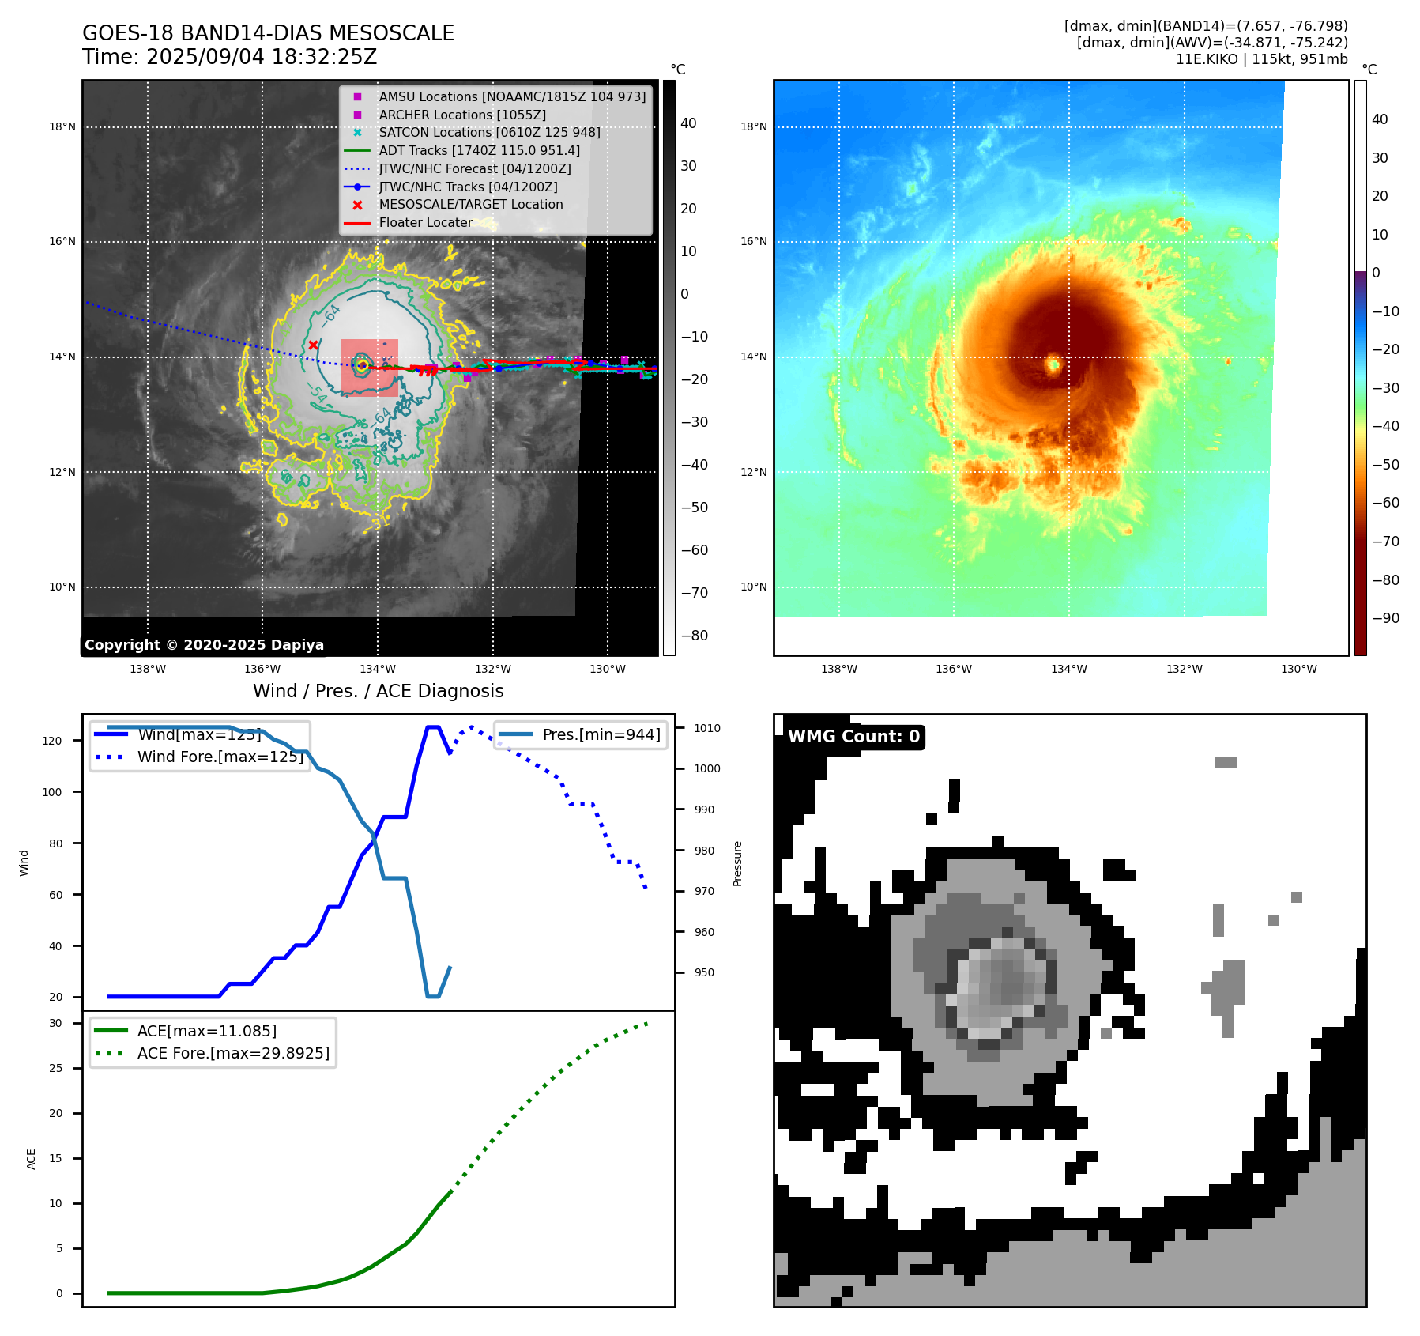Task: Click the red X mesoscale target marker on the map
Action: [313, 345]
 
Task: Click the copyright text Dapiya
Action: [204, 645]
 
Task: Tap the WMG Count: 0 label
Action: [853, 737]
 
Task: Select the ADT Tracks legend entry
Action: [479, 150]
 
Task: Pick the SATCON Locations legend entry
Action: [489, 132]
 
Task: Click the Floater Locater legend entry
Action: [425, 222]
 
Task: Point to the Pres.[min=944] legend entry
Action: [601, 734]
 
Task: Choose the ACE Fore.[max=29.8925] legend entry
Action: [233, 1053]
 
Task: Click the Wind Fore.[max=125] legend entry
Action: [220, 757]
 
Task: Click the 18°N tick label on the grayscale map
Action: [62, 126]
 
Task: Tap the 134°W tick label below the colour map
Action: [1068, 669]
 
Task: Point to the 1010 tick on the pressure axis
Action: [707, 728]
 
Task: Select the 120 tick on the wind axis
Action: [51, 741]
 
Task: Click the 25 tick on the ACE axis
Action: [55, 1068]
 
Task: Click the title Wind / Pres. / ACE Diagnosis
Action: [378, 691]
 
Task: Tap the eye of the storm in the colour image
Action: [1053, 364]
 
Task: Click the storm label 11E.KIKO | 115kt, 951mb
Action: [1261, 59]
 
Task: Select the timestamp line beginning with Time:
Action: [229, 57]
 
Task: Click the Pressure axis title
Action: [737, 863]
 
